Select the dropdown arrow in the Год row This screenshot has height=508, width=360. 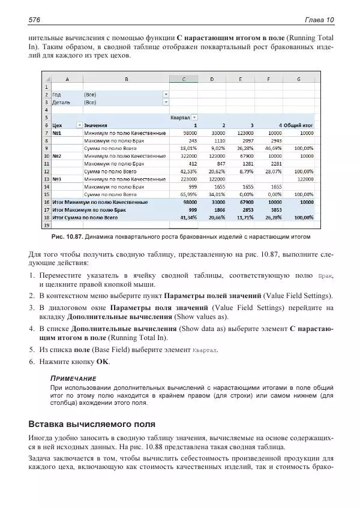tap(166, 94)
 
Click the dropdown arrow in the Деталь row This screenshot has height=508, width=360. tap(166, 102)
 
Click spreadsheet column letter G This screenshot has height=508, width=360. tap(298, 79)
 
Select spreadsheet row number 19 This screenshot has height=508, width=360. tap(46, 225)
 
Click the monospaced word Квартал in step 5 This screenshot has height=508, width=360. tap(205, 350)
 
